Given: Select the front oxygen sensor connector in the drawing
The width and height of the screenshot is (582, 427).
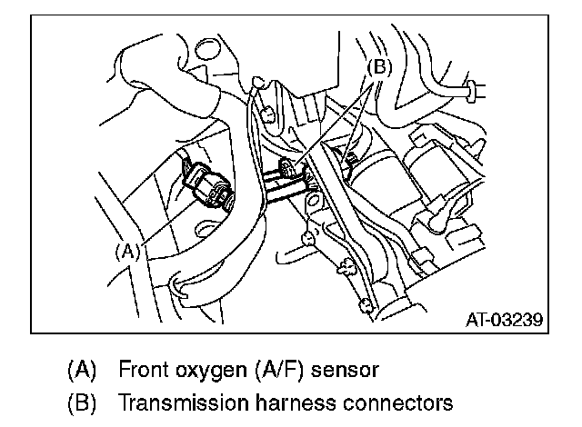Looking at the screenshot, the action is [x=206, y=185].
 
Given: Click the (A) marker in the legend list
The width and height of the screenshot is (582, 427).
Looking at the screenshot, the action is [x=81, y=371].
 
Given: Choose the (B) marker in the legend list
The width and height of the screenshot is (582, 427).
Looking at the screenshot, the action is [x=81, y=402].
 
